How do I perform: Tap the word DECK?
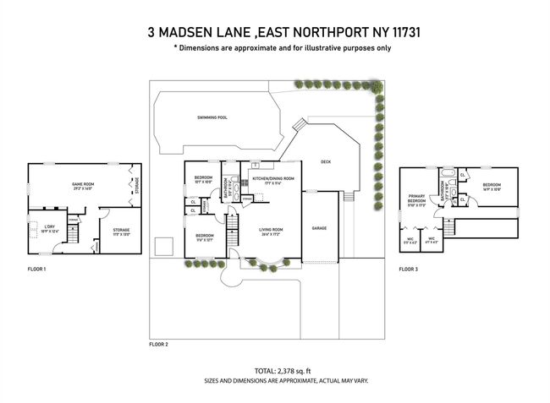325,161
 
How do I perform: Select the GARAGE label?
319,228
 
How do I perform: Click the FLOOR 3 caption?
408,270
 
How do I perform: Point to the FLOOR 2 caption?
158,345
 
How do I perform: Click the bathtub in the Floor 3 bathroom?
445,179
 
